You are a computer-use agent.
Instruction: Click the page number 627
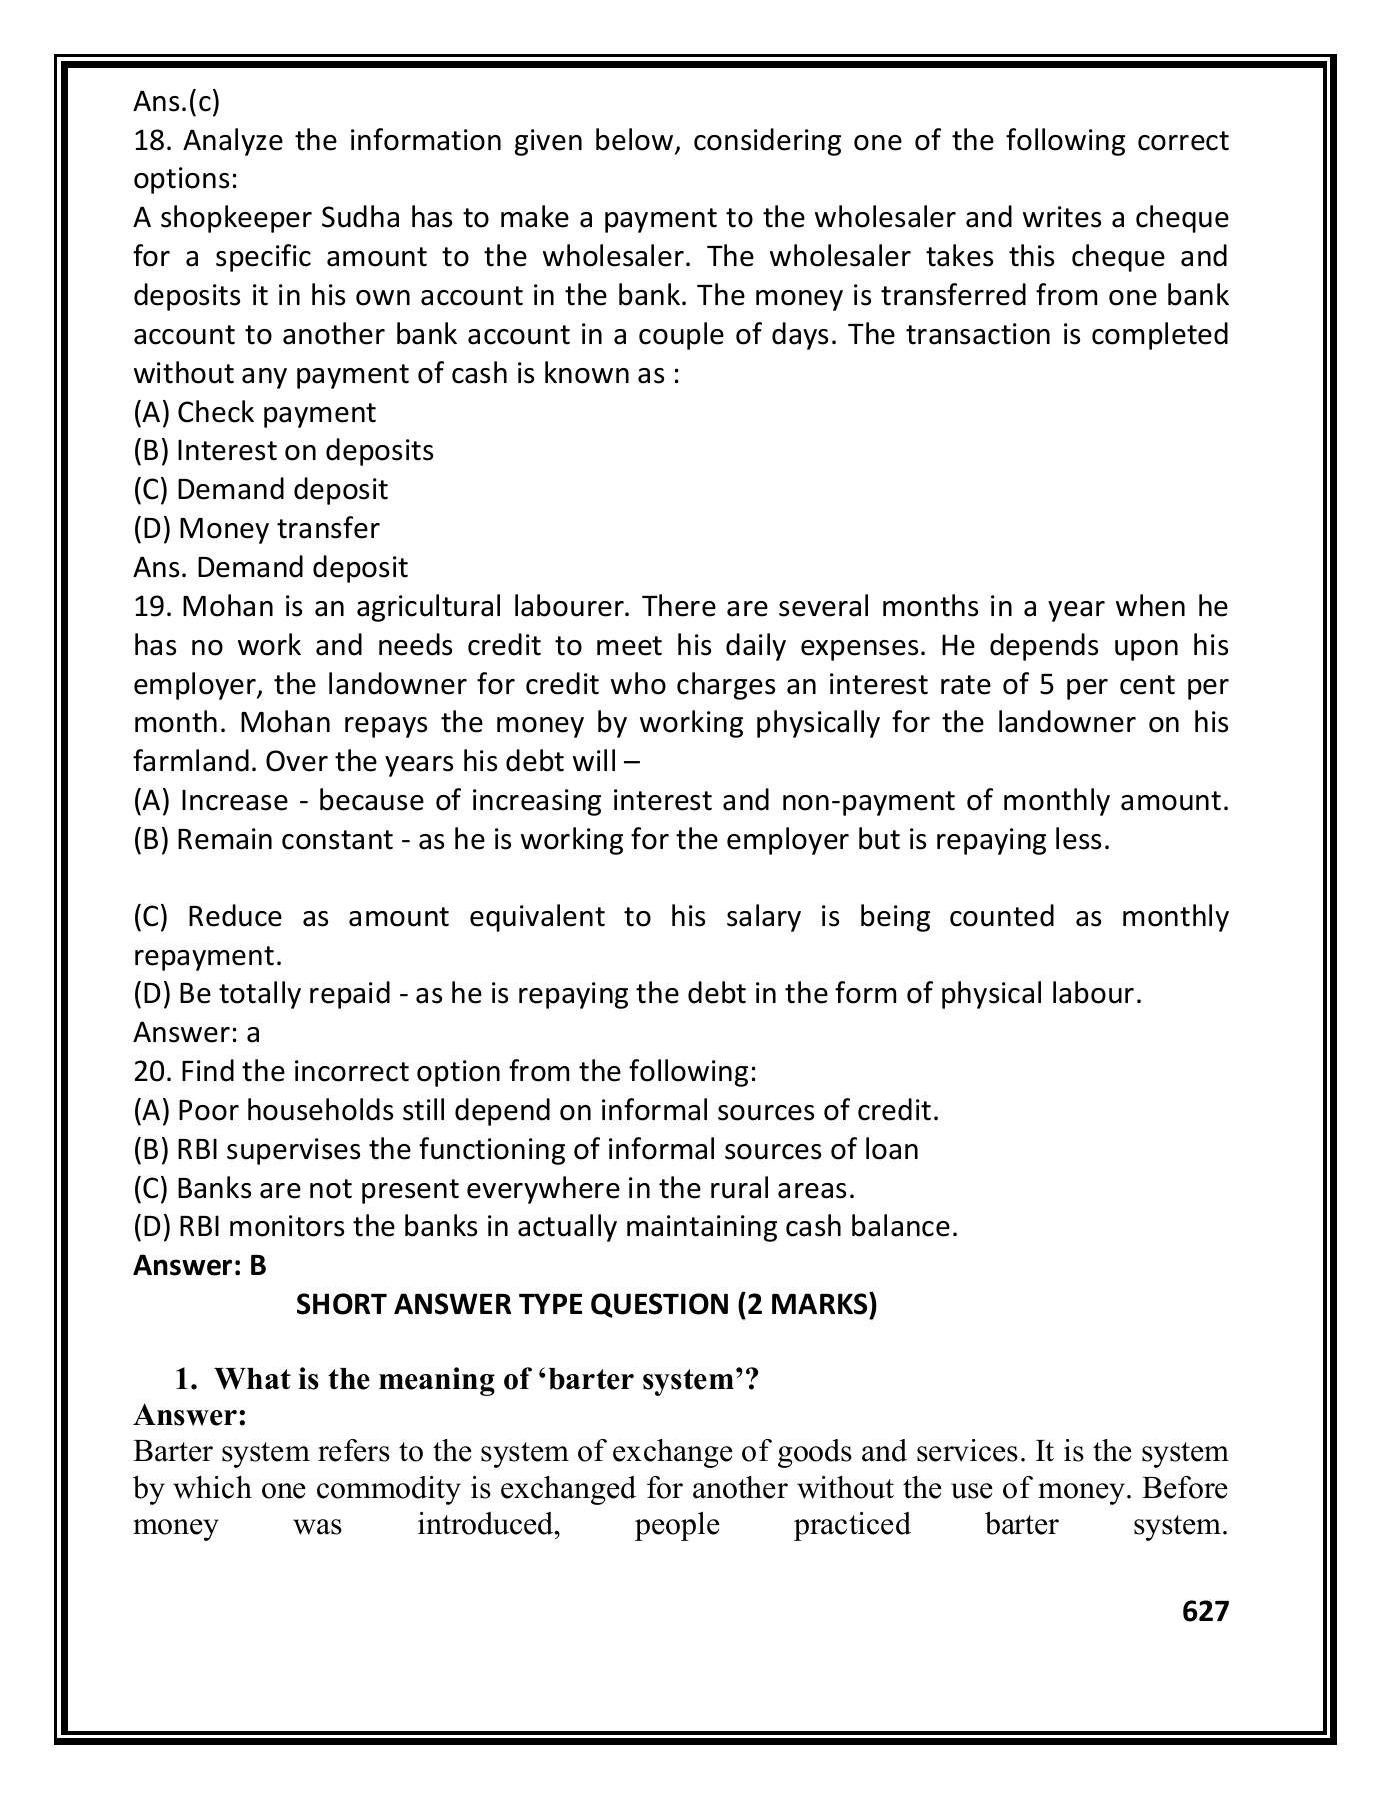coord(1204,1610)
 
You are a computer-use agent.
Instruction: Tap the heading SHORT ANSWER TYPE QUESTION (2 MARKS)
coord(586,1305)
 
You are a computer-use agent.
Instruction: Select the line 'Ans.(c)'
coord(176,101)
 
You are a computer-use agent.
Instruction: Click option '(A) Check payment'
coord(254,412)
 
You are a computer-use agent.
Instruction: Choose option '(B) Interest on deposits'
coord(283,451)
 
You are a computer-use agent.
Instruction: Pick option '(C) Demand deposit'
coord(260,490)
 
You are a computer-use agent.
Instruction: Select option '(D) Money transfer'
coord(256,528)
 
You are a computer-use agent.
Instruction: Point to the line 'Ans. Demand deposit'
coord(270,568)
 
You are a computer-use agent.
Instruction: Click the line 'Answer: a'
coord(196,1032)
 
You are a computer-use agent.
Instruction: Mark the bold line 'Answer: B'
coord(200,1266)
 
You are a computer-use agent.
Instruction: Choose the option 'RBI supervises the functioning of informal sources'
coord(526,1149)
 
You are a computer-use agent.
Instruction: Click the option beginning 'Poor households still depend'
coord(536,1110)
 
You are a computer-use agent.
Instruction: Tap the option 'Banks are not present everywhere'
coord(494,1189)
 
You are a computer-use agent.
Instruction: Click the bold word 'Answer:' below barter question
coord(190,1415)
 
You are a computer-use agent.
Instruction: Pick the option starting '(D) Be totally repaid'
coord(636,994)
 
